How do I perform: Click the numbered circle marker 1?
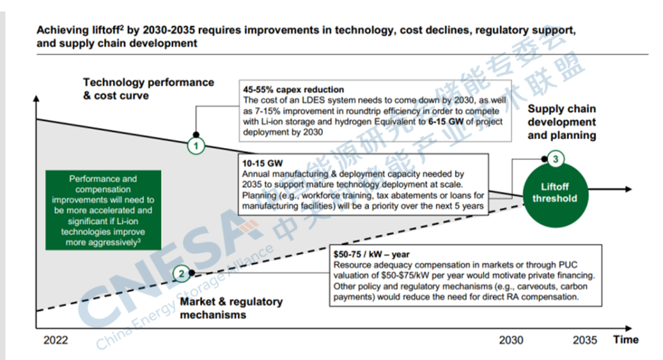coord(196,146)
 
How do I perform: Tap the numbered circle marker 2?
coord(180,273)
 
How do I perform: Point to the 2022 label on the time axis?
coord(56,340)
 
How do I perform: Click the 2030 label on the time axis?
coord(511,340)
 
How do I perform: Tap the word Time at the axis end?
coord(626,340)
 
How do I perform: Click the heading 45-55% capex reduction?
coord(293,90)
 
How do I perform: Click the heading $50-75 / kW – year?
coord(371,254)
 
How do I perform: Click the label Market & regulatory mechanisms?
coord(231,308)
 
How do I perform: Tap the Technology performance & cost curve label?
coord(148,88)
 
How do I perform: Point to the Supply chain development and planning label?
coord(562,122)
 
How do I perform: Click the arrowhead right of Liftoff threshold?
coord(628,190)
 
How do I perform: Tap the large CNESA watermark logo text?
coord(153,270)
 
